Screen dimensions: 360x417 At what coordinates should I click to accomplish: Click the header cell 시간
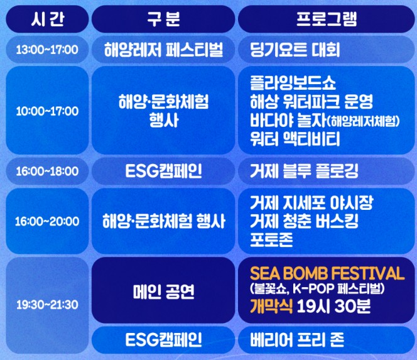click(x=46, y=19)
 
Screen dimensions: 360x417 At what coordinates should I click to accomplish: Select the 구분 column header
click(x=162, y=19)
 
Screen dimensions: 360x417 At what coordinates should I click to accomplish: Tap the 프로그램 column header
click(x=326, y=19)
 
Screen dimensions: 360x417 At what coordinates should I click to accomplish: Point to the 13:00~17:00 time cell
click(x=47, y=50)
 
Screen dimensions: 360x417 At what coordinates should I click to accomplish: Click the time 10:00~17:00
click(x=47, y=111)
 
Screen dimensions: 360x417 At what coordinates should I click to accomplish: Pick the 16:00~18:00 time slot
click(x=47, y=171)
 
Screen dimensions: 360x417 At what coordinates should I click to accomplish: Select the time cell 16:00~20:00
click(x=47, y=221)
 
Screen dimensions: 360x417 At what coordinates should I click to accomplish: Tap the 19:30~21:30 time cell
click(x=47, y=305)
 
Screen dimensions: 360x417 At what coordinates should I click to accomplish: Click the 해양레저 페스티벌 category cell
click(x=163, y=50)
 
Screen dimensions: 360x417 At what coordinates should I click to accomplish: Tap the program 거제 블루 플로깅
click(x=303, y=171)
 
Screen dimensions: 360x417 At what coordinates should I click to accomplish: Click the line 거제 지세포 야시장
click(x=311, y=204)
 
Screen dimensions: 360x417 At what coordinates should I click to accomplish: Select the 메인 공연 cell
click(x=163, y=291)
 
